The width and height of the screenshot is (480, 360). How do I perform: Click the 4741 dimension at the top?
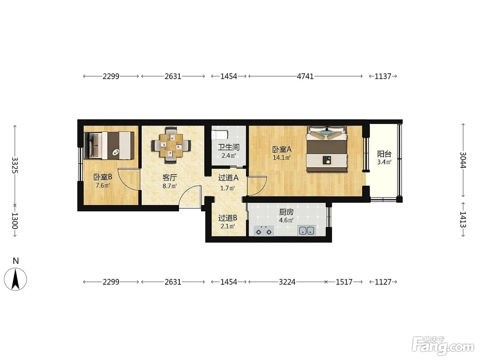click(305, 76)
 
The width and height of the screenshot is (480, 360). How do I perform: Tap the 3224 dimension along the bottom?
click(287, 282)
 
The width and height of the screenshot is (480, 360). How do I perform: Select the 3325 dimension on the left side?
click(15, 165)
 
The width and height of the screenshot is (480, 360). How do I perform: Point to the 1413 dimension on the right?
click(463, 219)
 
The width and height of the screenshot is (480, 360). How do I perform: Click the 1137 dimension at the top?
click(383, 76)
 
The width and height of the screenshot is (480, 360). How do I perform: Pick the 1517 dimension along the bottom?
click(344, 282)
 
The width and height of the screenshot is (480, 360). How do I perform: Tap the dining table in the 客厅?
click(171, 145)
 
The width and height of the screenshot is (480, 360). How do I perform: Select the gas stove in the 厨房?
click(264, 231)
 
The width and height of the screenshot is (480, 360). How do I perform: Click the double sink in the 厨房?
click(307, 230)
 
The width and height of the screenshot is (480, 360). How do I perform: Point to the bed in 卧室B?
click(109, 145)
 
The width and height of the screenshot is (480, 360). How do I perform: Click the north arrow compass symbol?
click(15, 279)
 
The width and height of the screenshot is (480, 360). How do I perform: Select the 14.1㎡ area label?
click(282, 158)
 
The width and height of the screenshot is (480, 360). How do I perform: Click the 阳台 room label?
click(384, 154)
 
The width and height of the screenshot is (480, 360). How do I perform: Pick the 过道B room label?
click(228, 218)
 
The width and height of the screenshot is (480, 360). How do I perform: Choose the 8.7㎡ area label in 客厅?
click(170, 186)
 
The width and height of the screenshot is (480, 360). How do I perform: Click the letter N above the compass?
click(16, 261)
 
